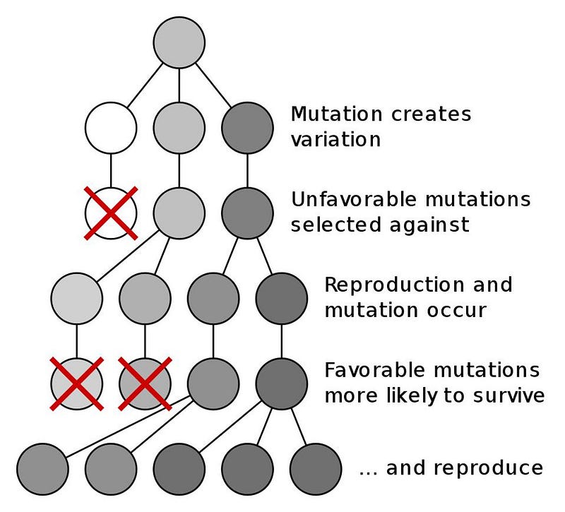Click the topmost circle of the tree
coord(179,42)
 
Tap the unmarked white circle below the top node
coord(111,128)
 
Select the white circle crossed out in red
coord(111,213)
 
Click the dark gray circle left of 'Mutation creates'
coord(247,128)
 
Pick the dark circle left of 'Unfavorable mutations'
coord(247,213)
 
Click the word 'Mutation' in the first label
coord(336,114)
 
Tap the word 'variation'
coord(336,139)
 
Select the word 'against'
coord(429,225)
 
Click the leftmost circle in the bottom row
coord(42,469)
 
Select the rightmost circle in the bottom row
coord(316,469)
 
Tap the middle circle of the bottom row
coord(179,469)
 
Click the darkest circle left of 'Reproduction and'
coord(281,298)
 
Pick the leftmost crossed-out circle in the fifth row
coord(77,383)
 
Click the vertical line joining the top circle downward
coord(179,85)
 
